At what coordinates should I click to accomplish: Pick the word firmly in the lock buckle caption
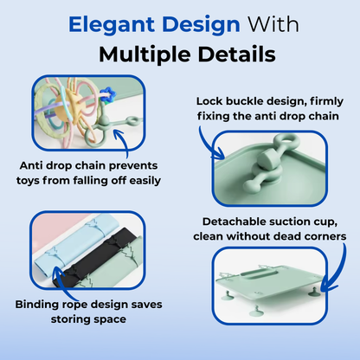point(319,99)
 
